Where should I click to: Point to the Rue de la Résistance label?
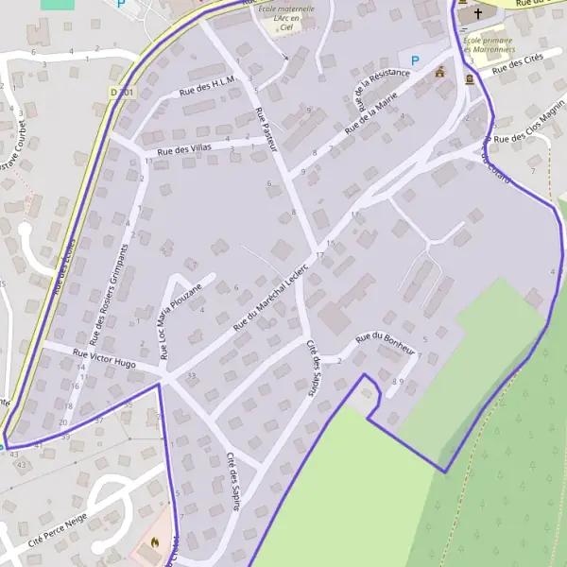pyautogui.click(x=382, y=92)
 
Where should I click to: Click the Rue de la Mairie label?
pyautogui.click(x=372, y=112)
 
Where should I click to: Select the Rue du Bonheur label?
pyautogui.click(x=386, y=342)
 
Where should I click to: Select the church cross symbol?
pyautogui.click(x=478, y=14)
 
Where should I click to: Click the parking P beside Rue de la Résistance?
pyautogui.click(x=414, y=61)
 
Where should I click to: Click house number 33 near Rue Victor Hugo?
pyautogui.click(x=192, y=376)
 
